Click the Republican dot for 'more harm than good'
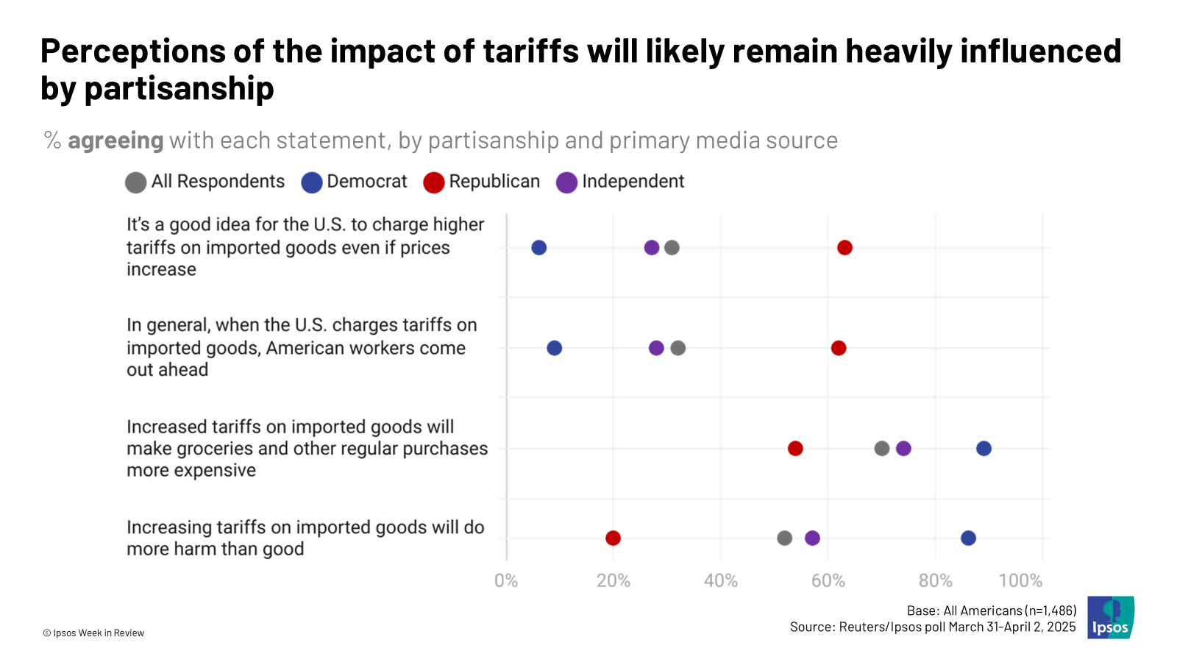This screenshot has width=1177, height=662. [613, 538]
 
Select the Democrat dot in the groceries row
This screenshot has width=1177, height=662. [984, 448]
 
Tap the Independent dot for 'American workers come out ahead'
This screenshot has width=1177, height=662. [656, 348]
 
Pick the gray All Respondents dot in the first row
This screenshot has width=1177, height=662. [672, 247]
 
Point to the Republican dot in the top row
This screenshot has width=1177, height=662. [844, 247]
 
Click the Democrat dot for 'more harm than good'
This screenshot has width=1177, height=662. [968, 538]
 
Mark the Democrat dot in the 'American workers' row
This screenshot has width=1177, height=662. [554, 348]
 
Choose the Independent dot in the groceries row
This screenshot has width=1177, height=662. [903, 448]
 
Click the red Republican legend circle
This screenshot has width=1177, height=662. [434, 182]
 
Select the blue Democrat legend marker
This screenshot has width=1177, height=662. [312, 182]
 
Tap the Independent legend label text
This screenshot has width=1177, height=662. [633, 182]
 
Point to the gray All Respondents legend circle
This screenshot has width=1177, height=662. [135, 182]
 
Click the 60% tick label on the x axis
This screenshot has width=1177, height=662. [828, 581]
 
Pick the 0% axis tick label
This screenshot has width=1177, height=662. [506, 581]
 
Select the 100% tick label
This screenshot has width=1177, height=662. [1020, 581]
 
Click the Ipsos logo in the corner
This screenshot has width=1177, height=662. [1111, 617]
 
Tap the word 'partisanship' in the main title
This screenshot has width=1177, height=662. [179, 89]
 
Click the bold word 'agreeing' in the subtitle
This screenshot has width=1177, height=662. [115, 140]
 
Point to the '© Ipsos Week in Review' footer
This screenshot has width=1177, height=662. [93, 633]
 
